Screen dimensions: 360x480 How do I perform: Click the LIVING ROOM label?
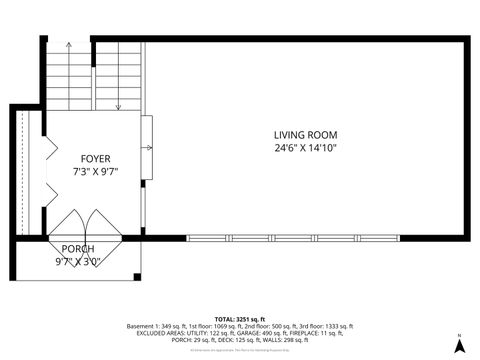pos(306,135)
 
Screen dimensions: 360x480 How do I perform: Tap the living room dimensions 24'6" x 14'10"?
pos(306,148)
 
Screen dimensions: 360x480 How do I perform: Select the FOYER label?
pos(96,159)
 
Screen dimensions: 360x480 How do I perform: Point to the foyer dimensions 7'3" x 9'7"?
pos(96,171)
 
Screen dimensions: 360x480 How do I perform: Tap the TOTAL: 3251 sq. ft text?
pos(240,318)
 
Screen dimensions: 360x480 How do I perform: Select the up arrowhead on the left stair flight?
pos(69,46)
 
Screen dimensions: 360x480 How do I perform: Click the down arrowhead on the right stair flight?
pos(118,106)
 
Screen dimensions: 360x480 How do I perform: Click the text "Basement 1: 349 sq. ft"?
pos(155,326)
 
